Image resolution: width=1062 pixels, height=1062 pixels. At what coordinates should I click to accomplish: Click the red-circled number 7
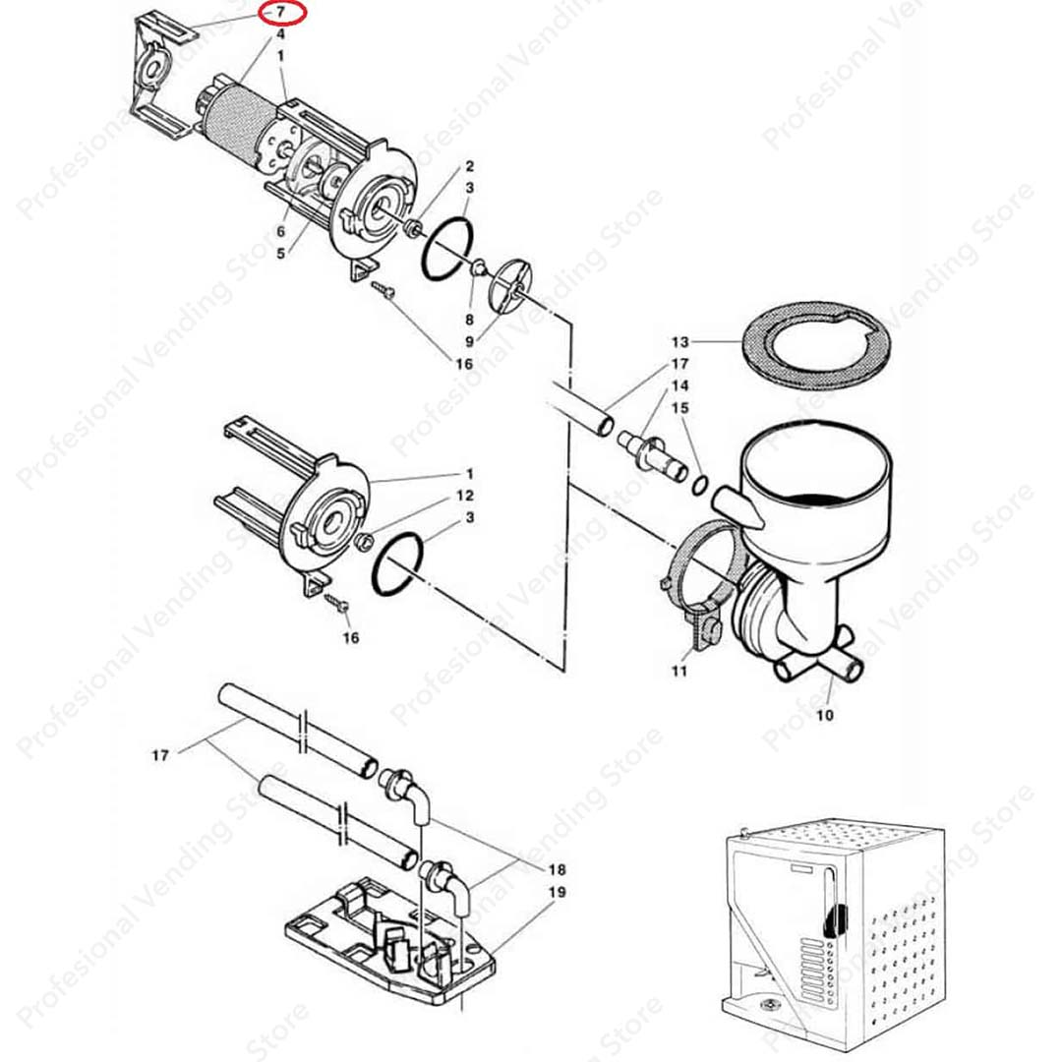pos(281,14)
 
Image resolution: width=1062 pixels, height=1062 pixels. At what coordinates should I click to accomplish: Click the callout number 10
pos(824,715)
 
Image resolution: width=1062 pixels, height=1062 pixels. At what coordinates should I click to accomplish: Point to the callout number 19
pos(558,893)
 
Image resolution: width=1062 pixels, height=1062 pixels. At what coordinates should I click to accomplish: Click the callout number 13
pos(680,343)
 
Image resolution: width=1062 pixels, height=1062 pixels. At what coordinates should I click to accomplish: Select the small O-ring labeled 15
pos(699,484)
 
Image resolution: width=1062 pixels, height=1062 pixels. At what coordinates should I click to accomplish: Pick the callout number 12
pos(465,496)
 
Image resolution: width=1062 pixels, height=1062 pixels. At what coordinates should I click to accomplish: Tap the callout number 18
pos(557,870)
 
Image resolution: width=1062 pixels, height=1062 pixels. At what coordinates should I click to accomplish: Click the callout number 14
pos(680,385)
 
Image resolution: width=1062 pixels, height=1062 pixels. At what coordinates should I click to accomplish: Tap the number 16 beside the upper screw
pos(464,364)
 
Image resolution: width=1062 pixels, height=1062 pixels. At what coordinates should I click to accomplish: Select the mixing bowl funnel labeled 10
pos(811,531)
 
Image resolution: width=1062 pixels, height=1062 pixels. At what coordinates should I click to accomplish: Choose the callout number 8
pos(469,320)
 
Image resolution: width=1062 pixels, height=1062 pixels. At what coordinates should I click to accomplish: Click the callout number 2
pos(469,166)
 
